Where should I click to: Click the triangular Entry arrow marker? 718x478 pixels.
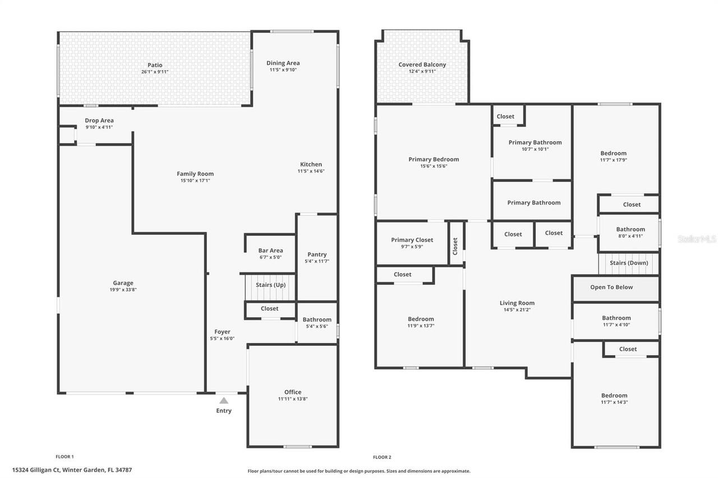point(224,400)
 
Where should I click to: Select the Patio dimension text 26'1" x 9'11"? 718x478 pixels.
point(155,72)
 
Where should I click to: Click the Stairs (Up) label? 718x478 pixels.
point(270,285)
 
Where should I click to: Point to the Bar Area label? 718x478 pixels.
point(270,250)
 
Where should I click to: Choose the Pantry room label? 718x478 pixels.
point(317,254)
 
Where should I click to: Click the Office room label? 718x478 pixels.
point(293,392)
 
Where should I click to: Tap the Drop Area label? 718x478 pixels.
point(99,120)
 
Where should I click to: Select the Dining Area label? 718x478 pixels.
point(283,63)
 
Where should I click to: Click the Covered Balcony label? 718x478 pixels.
point(422,64)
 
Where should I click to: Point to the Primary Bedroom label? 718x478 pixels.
point(434,159)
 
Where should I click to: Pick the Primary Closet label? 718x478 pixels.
point(412,240)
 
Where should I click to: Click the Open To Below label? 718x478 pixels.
point(611,287)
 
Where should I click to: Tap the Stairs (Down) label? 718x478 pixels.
point(629,263)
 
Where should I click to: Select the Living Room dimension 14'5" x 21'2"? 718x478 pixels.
point(517,310)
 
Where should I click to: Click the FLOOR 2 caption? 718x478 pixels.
point(382,457)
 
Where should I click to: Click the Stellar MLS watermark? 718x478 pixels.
point(697,239)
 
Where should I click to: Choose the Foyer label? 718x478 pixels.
point(222,332)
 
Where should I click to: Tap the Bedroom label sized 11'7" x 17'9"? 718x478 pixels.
point(613,153)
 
